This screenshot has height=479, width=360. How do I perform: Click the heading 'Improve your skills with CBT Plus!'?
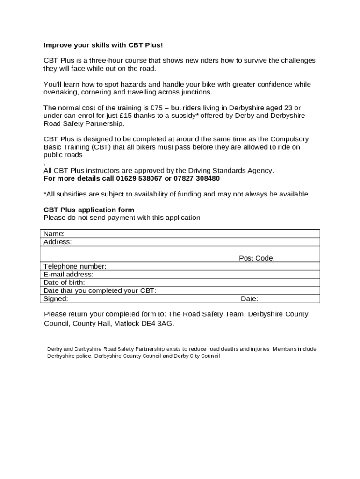tap(103, 45)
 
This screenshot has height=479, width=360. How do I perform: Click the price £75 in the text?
tap(154, 108)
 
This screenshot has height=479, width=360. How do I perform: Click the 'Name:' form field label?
tap(54, 234)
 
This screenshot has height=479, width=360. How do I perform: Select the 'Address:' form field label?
tap(58, 242)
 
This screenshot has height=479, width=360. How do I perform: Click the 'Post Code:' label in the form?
tap(257, 258)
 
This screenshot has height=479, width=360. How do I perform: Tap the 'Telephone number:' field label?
tap(75, 266)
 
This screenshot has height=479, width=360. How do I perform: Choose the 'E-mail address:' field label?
tap(68, 275)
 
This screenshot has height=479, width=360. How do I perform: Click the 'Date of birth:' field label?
tap(64, 283)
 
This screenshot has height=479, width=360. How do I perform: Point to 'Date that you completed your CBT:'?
tap(100, 290)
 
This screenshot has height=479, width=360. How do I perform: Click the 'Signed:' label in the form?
tap(56, 299)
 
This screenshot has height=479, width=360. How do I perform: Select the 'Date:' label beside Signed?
tap(249, 299)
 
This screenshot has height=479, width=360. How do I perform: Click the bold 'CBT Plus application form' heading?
tap(89, 210)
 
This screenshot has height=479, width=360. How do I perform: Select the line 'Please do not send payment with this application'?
tap(122, 218)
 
